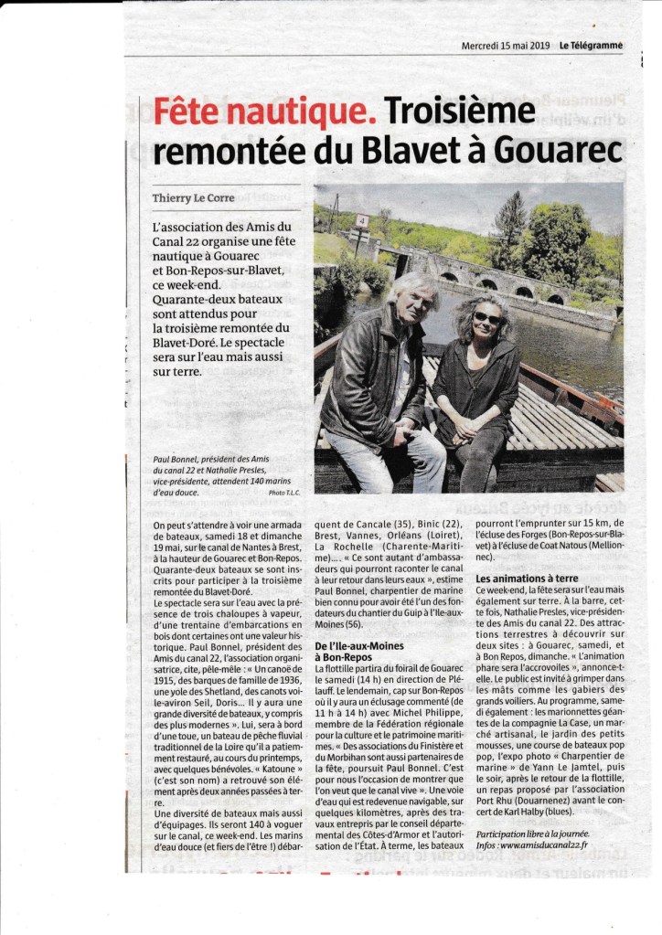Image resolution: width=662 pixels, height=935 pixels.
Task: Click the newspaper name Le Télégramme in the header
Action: [x=591, y=45]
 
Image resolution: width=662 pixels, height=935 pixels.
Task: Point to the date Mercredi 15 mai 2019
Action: [x=505, y=45]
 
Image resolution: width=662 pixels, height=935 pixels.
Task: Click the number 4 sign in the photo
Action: [x=362, y=220]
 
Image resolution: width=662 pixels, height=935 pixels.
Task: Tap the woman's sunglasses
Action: [x=487, y=317]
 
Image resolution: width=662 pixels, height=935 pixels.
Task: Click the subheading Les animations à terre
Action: [x=527, y=579]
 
